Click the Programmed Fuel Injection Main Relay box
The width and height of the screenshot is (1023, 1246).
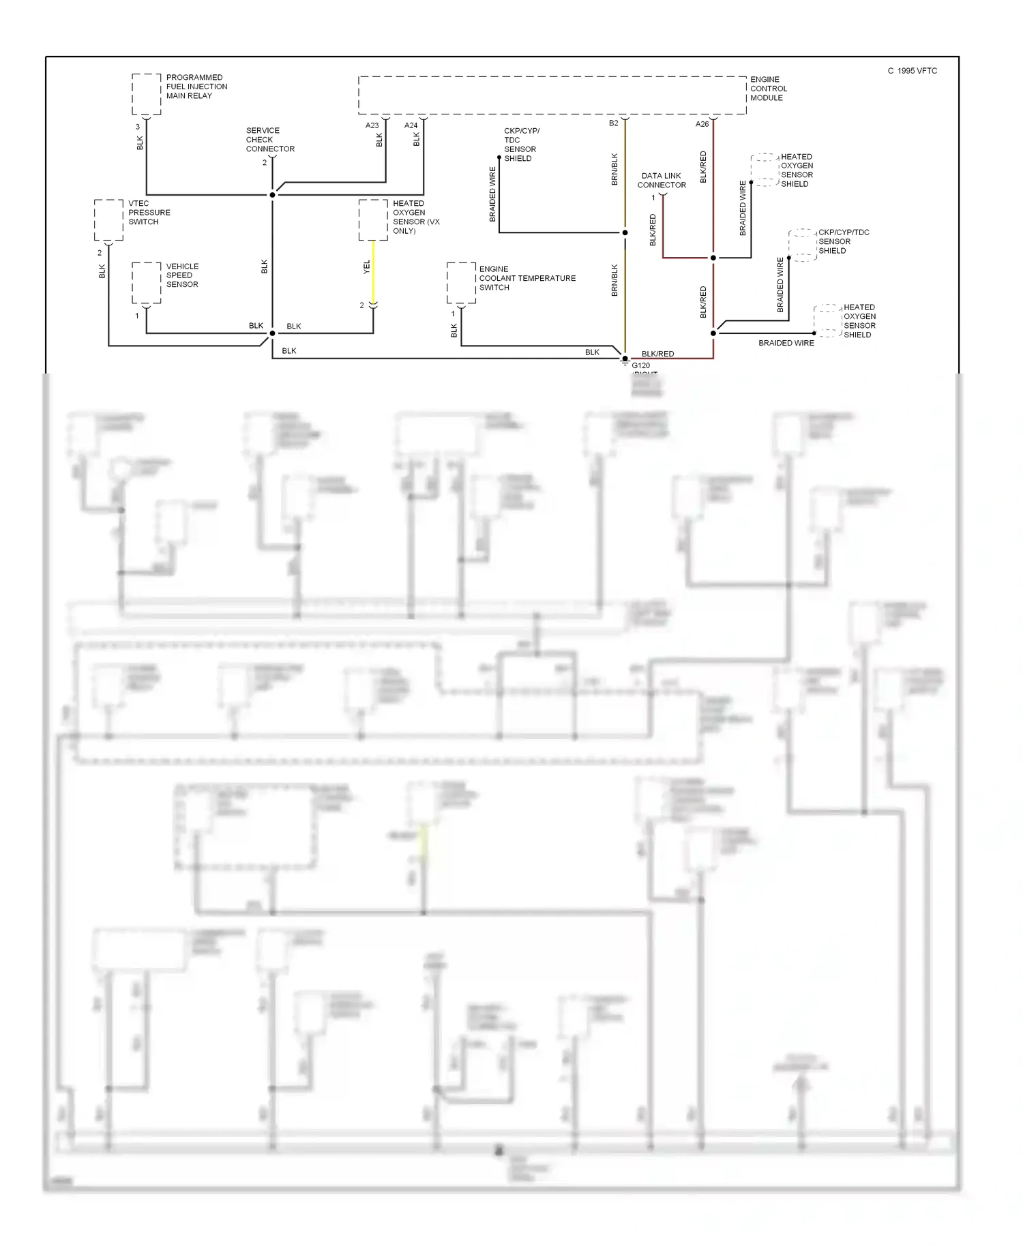(146, 94)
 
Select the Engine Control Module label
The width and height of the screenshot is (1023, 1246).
(768, 89)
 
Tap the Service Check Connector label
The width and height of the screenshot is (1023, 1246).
(269, 140)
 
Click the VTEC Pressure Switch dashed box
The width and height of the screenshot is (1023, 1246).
(108, 219)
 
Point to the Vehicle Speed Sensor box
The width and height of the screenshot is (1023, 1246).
(146, 282)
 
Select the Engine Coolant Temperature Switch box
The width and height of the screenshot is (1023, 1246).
(461, 282)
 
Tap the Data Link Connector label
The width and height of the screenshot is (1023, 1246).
(661, 181)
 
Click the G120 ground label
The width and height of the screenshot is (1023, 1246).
(640, 365)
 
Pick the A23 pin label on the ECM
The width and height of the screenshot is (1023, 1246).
(372, 125)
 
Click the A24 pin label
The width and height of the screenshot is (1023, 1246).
(411, 125)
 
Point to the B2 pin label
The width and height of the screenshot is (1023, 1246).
(614, 123)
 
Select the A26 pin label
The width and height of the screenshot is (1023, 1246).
(702, 124)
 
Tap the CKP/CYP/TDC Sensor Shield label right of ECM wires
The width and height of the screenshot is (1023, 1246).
(843, 241)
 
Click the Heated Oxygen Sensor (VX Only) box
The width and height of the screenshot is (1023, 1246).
(373, 219)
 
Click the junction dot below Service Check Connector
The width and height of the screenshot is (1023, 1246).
(272, 195)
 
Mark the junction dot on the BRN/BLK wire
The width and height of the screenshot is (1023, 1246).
(625, 232)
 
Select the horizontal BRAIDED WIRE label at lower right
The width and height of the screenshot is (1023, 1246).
(786, 343)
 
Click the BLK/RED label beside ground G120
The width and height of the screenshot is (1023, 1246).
(657, 354)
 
